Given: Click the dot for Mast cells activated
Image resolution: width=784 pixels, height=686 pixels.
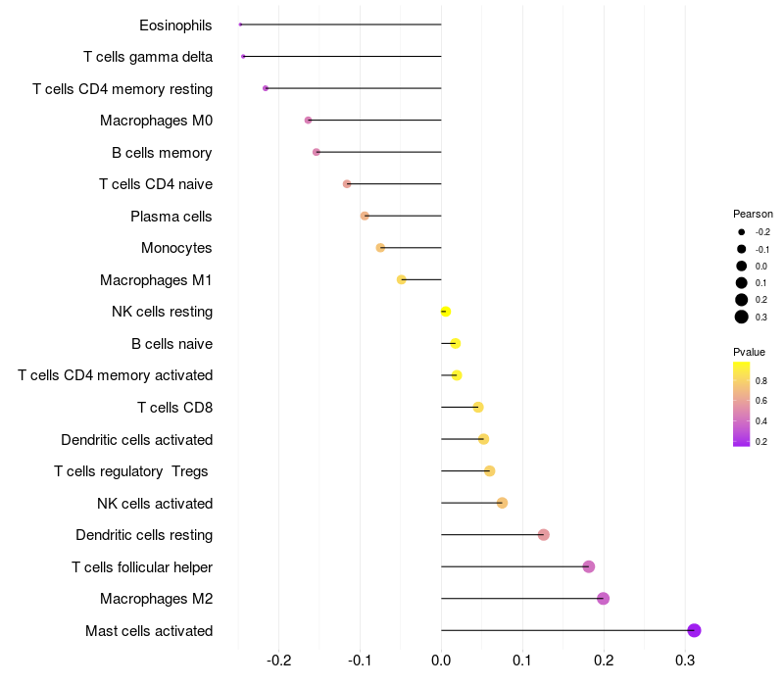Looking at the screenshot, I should [x=694, y=630].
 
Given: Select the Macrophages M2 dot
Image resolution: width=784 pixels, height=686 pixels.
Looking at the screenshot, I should [x=603, y=599].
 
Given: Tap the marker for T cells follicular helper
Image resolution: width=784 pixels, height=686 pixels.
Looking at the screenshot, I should [x=588, y=566].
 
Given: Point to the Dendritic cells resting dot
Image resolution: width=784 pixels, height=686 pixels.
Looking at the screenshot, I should [x=544, y=535].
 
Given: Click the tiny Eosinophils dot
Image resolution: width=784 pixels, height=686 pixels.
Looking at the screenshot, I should [x=240, y=24].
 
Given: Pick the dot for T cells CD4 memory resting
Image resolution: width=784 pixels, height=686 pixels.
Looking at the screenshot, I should [x=266, y=88].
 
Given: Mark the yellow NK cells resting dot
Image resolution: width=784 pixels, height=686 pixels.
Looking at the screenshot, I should [x=446, y=312].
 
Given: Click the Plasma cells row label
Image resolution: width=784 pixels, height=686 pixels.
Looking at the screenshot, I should [x=171, y=216].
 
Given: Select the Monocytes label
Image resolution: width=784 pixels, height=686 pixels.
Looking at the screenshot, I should [x=176, y=248].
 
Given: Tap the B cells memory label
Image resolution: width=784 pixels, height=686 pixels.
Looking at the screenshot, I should [x=162, y=152].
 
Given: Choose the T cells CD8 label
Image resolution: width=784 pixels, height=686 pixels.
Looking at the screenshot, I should [x=174, y=408].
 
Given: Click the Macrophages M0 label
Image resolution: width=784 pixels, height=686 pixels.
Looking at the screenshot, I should [x=156, y=121].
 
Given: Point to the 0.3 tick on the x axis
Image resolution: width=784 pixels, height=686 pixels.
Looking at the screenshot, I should [x=685, y=660].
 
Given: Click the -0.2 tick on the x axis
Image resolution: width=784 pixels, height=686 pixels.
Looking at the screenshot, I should [x=279, y=660].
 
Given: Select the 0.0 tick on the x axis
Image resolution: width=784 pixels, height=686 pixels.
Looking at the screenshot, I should [x=441, y=660].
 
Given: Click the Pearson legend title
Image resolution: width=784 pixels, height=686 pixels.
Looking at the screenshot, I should [x=753, y=214].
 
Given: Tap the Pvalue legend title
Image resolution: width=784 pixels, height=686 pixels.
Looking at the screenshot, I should [x=749, y=352].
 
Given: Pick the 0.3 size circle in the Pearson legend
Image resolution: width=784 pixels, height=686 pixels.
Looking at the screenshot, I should [x=742, y=317].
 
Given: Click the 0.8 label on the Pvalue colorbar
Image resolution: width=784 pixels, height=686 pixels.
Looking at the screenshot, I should [x=761, y=380].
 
